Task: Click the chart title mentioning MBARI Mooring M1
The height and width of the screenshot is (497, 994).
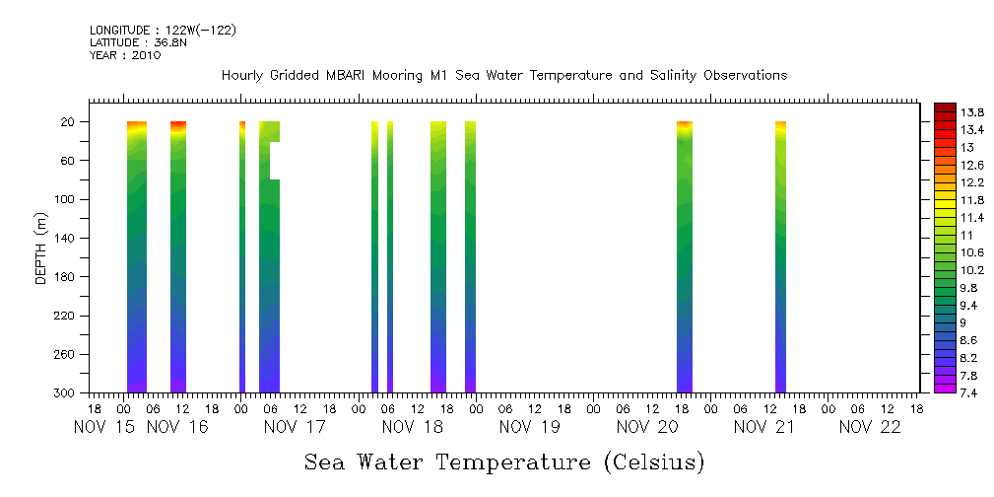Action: coord(503,76)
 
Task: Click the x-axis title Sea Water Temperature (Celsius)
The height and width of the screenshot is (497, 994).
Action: coord(504,461)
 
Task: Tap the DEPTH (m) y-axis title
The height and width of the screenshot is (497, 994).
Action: coord(41,248)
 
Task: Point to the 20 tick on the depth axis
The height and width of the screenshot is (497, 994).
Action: coord(70,122)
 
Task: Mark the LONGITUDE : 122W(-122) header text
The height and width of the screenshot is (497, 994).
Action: coord(163,31)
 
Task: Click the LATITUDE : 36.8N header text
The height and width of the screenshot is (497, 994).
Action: coord(138,42)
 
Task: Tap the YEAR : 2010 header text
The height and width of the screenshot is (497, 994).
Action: coord(125,55)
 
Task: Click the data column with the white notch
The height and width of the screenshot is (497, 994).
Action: coord(269,256)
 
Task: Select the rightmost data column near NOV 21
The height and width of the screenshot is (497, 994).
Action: coord(780,256)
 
